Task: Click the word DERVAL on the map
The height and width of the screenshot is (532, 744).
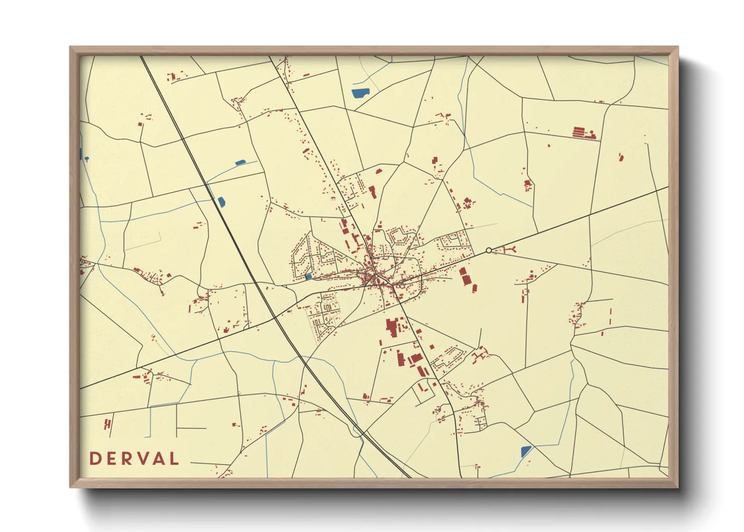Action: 134,459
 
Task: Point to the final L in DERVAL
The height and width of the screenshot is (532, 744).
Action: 174,459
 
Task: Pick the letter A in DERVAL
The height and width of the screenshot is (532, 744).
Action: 159,459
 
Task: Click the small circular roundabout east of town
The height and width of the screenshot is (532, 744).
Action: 489,250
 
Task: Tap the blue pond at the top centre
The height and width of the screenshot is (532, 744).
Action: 360,93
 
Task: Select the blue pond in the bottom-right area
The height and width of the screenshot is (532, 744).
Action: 526,451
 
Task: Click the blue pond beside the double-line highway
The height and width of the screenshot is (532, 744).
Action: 221,202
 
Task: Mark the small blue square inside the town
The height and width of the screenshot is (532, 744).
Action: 308,277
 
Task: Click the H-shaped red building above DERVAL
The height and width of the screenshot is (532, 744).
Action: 107,424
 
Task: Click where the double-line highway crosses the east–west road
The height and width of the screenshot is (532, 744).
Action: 274,318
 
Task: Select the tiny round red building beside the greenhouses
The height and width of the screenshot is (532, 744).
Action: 592,132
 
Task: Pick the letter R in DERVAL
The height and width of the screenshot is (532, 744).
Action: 128,459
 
